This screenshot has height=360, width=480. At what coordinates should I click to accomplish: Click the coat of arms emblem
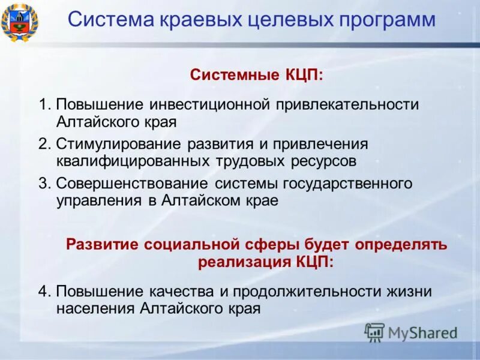coord(19,22)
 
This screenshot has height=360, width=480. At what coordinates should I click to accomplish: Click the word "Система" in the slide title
coord(104,19)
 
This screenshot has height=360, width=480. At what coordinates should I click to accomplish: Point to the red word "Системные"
coord(232,75)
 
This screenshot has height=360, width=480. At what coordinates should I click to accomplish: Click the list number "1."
coord(45,105)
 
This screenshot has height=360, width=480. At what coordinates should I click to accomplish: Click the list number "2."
coord(45,145)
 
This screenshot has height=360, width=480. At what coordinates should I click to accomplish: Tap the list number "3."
coord(45,184)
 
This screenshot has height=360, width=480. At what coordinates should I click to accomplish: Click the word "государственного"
coord(352,184)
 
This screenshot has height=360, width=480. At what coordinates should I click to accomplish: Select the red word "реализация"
coord(243,262)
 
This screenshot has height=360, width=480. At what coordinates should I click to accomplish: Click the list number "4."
coord(45,292)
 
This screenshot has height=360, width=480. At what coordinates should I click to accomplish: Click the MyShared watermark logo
coord(412,332)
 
